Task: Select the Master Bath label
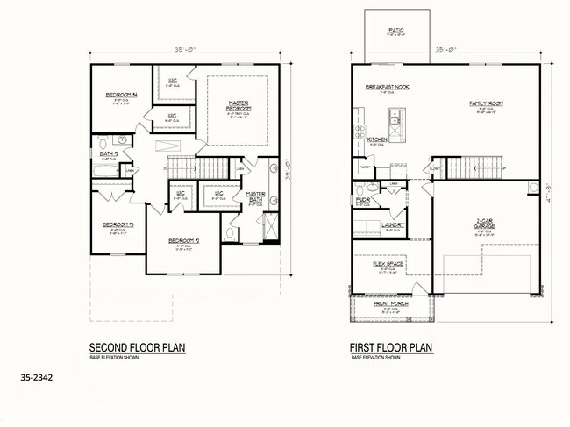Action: pos(256,196)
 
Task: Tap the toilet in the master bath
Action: pos(232,233)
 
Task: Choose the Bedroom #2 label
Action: pos(181,240)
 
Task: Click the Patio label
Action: pos(396,31)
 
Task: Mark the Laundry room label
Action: pos(394,224)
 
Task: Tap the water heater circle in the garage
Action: pos(532,186)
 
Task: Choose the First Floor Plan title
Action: pos(392,347)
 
